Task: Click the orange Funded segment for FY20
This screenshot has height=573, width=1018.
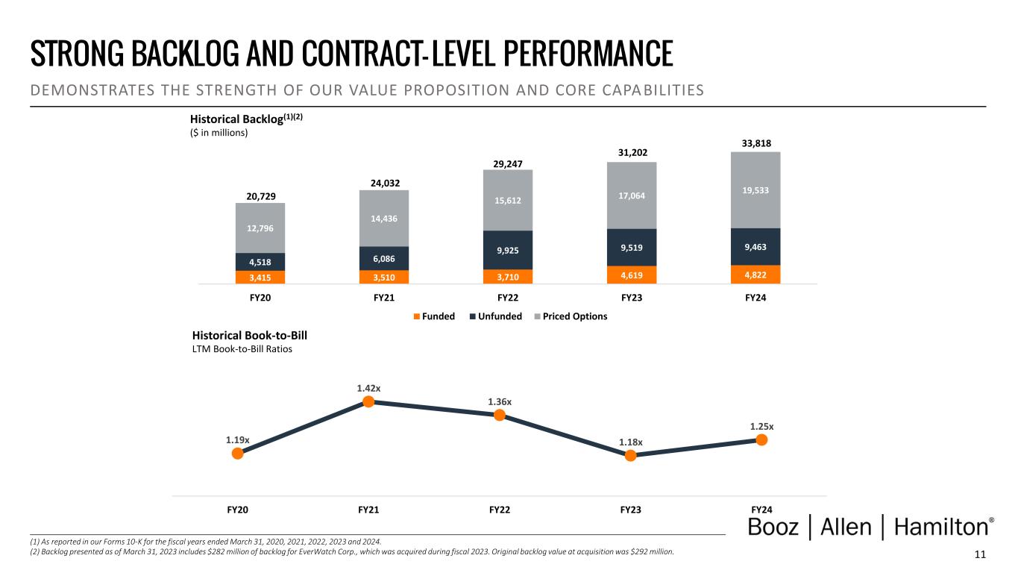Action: (x=260, y=277)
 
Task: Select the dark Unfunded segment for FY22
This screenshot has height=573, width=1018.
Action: (x=508, y=250)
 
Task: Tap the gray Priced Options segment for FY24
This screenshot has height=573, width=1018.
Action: (x=755, y=190)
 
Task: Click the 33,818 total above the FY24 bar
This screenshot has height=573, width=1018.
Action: (x=755, y=143)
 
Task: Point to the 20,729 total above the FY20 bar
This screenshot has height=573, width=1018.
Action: (x=260, y=195)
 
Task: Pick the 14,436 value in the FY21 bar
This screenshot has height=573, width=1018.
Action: (x=384, y=218)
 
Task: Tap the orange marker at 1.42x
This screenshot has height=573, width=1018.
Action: (x=368, y=401)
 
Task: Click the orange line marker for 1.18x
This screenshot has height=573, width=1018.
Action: (x=630, y=456)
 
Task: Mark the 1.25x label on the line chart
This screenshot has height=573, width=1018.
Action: (x=761, y=427)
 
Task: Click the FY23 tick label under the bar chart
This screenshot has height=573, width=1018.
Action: (x=632, y=298)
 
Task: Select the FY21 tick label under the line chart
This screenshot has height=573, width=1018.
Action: (x=368, y=510)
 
